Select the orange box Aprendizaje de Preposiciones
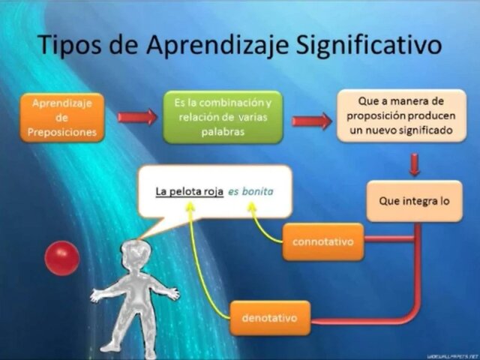tap(63, 117)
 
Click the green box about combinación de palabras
tap(223, 117)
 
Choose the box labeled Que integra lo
tap(414, 200)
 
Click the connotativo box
tap(322, 241)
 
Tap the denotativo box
tap(269, 318)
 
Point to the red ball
tap(62, 258)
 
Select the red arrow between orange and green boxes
tap(137, 117)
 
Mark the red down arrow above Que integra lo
tap(414, 164)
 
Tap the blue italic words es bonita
tap(250, 191)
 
